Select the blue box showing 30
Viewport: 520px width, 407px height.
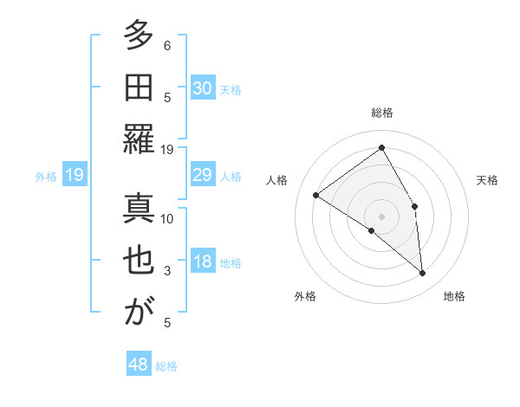tap(203, 87)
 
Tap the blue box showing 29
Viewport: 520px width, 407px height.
tap(203, 176)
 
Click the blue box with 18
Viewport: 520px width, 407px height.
tap(203, 262)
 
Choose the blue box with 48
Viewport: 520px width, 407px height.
tap(139, 365)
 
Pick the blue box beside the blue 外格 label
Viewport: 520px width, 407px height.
tap(74, 176)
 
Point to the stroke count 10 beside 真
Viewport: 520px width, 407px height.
tap(167, 218)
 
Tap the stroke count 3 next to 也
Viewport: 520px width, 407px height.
tap(167, 271)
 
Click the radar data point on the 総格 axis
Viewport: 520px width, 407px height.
tap(381, 147)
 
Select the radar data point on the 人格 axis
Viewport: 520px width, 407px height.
tap(315, 195)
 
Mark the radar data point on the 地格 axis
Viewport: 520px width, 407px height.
tap(423, 274)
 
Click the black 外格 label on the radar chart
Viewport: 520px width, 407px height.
tap(305, 296)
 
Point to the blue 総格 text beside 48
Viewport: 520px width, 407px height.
tap(166, 366)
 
